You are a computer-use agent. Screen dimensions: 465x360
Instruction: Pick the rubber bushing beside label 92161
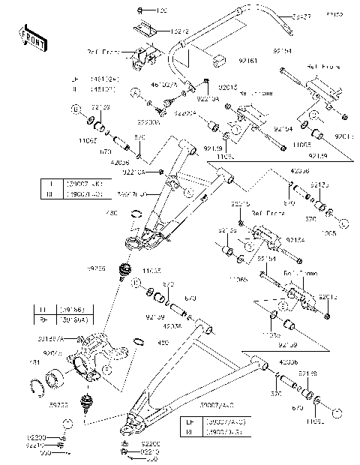(x=217, y=61)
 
